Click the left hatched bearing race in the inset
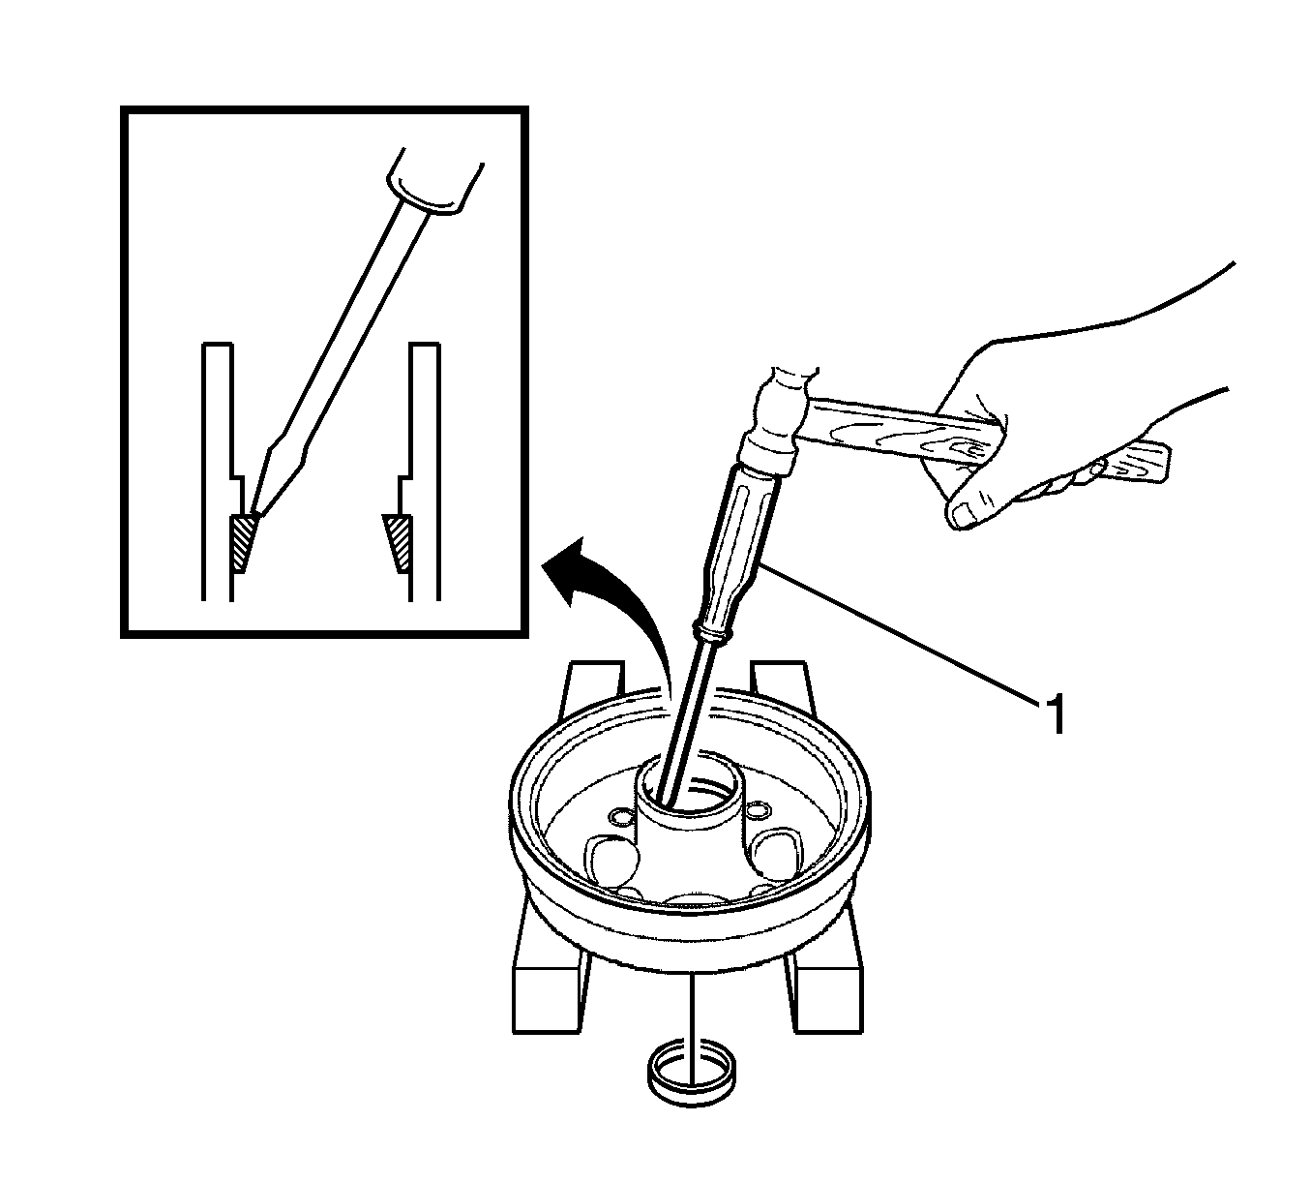[243, 542]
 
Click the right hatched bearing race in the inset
[399, 542]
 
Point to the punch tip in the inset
[251, 511]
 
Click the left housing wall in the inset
[217, 471]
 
